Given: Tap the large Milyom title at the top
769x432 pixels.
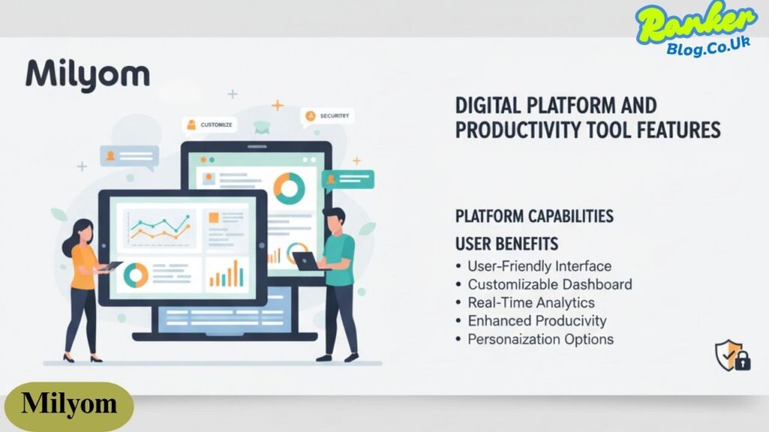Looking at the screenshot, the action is [88, 75].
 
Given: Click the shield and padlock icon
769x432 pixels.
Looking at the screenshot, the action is [733, 355].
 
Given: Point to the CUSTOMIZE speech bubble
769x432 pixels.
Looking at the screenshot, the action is [210, 125].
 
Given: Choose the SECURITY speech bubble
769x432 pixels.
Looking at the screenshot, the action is [327, 116].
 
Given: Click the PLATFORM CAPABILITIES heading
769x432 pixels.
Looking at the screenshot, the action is [534, 216].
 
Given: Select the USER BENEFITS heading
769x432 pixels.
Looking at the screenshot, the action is [507, 244].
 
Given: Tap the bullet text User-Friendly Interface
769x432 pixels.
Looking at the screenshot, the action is [539, 266].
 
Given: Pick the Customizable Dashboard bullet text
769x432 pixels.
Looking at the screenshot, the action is [550, 284].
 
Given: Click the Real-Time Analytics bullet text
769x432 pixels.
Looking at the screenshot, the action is [531, 303].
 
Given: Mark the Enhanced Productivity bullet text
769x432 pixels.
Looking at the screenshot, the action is [537, 321].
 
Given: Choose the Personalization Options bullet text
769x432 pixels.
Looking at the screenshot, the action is [541, 340].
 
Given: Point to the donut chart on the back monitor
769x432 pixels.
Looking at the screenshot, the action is [289, 188].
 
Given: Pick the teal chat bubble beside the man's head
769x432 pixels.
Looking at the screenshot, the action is [348, 179].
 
